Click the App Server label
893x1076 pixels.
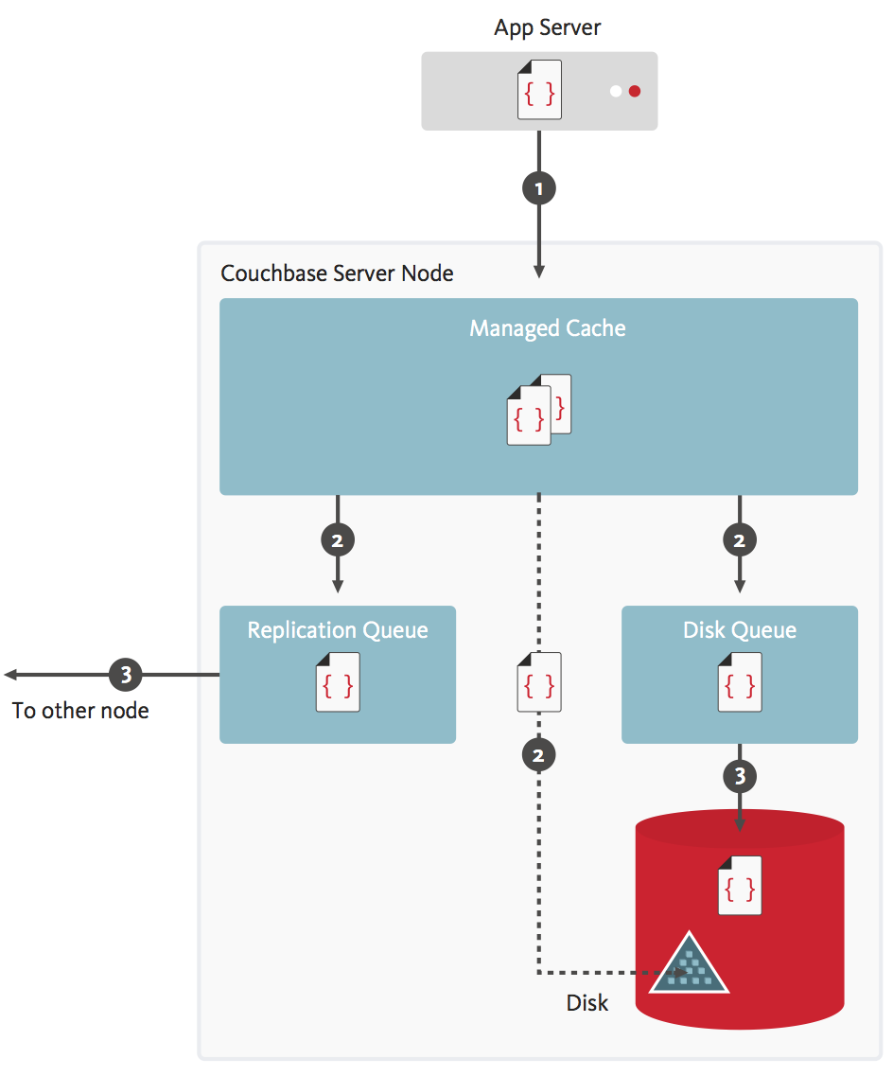[x=547, y=27]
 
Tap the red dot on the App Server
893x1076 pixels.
[x=635, y=91]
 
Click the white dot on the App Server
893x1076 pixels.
[x=616, y=91]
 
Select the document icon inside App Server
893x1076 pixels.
[x=539, y=91]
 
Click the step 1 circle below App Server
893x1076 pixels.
[x=539, y=188]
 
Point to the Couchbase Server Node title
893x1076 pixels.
[x=337, y=273]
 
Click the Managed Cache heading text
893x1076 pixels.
[x=548, y=328]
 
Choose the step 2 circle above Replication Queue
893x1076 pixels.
[x=338, y=540]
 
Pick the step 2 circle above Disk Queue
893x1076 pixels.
[x=740, y=540]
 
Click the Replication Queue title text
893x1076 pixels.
[x=338, y=630]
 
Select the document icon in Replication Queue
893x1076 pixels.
[x=338, y=681]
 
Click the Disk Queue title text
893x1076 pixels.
[x=740, y=630]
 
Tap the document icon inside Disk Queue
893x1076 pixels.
[x=740, y=681]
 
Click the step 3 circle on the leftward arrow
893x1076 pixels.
[x=126, y=675]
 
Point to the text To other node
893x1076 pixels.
[x=80, y=710]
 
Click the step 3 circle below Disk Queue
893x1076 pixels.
[x=740, y=777]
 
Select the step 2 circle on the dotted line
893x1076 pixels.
[x=539, y=754]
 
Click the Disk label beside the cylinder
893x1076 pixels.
[x=587, y=1003]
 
